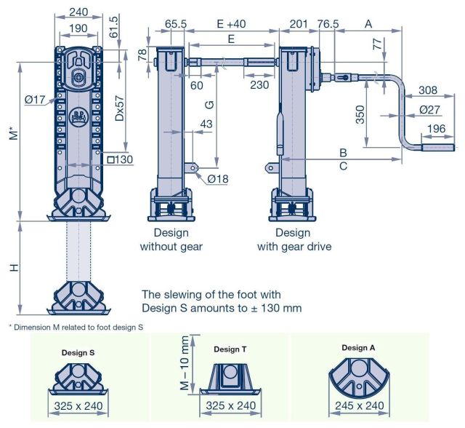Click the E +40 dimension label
230,24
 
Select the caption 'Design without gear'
171,239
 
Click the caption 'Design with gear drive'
294,239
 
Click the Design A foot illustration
358,375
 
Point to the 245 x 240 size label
358,406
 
